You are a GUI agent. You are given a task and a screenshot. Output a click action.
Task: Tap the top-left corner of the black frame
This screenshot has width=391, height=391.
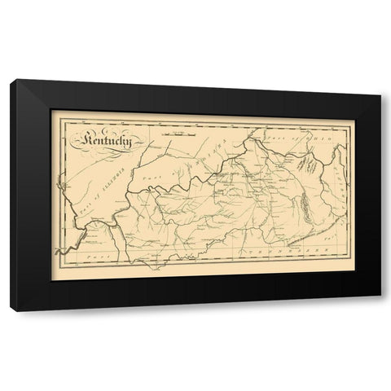tap(14, 80)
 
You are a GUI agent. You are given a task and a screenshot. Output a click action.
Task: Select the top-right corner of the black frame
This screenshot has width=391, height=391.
tap(380, 95)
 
